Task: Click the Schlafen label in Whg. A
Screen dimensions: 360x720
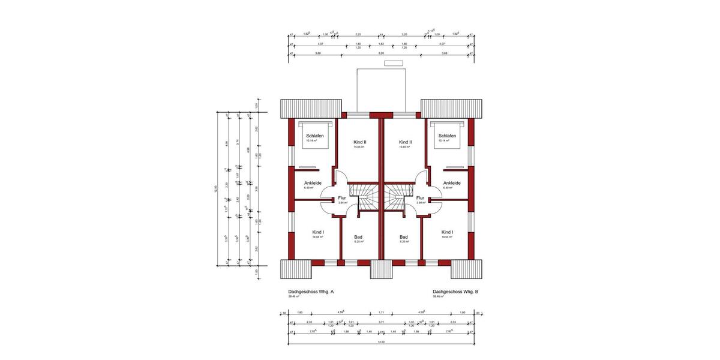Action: (315, 136)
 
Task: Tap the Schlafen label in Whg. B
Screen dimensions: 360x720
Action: (447, 136)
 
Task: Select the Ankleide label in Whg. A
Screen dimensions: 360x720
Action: (313, 183)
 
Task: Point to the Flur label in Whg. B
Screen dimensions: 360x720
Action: (420, 197)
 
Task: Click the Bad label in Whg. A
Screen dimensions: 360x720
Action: (358, 237)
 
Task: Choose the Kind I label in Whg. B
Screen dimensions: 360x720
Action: (447, 232)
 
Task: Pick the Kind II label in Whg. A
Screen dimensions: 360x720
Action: (360, 142)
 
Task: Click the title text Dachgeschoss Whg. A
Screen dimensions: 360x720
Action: (311, 292)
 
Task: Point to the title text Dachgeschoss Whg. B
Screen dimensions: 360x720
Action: (455, 292)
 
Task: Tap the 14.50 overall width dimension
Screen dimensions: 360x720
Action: (381, 341)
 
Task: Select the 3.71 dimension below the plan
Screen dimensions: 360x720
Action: (381, 322)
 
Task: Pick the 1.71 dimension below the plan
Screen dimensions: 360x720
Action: (381, 313)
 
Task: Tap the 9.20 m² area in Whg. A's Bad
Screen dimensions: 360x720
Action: (358, 242)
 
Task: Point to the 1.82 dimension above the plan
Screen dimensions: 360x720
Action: (381, 44)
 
